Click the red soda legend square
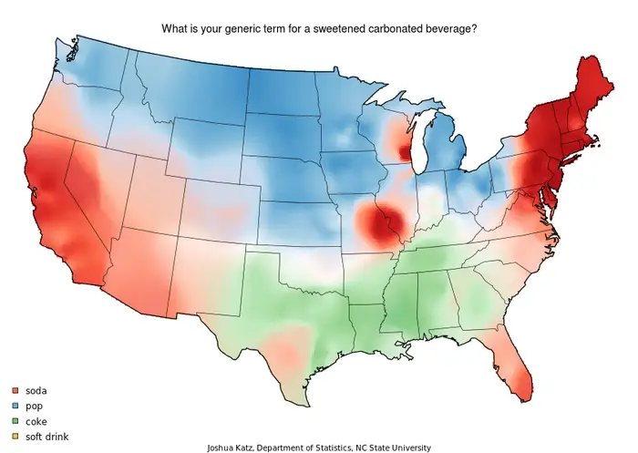click(x=15, y=390)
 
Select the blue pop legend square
click(x=15, y=406)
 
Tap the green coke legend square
click(x=15, y=421)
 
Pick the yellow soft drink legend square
click(x=15, y=437)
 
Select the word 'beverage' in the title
click(x=449, y=29)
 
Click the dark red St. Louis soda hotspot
click(x=378, y=223)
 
